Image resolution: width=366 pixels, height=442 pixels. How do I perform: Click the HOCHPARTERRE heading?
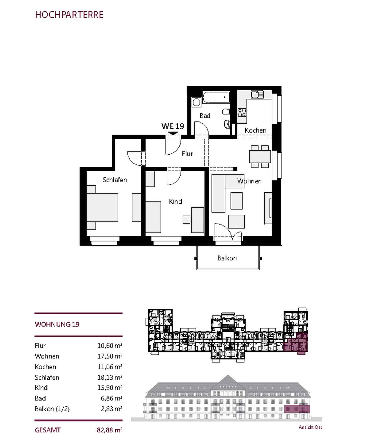point(69,15)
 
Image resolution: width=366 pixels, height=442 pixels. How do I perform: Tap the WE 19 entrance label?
point(173,126)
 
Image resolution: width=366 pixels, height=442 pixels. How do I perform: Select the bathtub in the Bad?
point(216,97)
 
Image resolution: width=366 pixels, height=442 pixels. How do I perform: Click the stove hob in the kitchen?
point(242,112)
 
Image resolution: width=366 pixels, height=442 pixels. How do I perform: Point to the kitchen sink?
point(257,95)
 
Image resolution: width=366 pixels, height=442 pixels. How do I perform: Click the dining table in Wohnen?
point(260,157)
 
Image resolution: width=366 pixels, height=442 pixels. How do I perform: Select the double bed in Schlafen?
point(102,207)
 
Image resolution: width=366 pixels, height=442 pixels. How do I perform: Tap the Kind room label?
point(175,201)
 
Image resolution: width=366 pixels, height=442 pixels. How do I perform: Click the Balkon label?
point(227,258)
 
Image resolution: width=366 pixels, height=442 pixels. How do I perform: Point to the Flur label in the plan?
point(187,154)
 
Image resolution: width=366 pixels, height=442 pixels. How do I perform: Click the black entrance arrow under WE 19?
point(173,133)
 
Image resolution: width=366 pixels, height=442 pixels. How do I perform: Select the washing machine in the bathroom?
point(196,102)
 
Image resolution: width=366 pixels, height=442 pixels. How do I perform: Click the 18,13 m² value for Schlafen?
point(110,377)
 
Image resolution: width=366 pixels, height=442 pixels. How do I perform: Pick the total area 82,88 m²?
point(110,430)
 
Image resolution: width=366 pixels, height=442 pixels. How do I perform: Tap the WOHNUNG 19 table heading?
point(57,324)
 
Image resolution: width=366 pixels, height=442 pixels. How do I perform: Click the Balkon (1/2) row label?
point(52,409)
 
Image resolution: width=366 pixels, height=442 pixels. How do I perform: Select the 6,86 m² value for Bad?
point(111,398)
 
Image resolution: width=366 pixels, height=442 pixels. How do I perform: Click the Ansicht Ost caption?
point(310,427)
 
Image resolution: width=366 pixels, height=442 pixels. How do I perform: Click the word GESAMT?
point(48,430)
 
